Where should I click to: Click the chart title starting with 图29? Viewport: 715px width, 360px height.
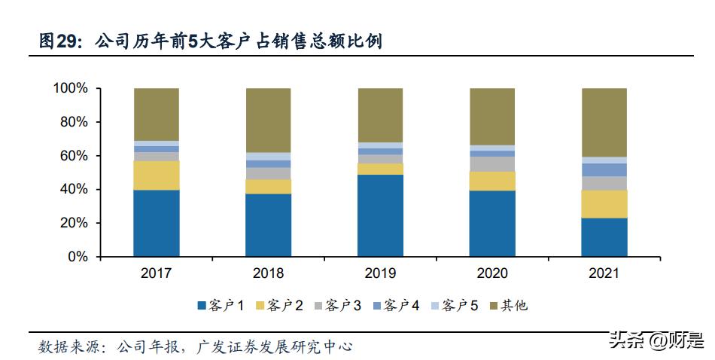(x=211, y=41)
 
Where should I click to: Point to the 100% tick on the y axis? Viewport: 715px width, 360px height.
(x=70, y=89)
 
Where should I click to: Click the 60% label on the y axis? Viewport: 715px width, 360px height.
(x=74, y=156)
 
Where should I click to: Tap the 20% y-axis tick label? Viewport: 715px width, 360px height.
(x=74, y=224)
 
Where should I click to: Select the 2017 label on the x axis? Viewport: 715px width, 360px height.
(x=157, y=273)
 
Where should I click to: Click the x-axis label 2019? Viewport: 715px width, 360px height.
(x=380, y=273)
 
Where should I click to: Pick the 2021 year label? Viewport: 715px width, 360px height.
(x=604, y=273)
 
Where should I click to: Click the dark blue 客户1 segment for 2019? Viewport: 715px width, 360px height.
(x=380, y=215)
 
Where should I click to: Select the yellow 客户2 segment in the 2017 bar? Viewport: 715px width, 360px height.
(x=157, y=175)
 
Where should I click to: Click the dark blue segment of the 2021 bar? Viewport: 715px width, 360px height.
(x=604, y=237)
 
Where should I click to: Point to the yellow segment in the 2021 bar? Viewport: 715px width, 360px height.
(x=604, y=204)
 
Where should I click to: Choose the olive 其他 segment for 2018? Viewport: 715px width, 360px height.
(x=269, y=120)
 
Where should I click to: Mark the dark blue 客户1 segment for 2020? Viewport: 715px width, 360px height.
(x=492, y=224)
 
